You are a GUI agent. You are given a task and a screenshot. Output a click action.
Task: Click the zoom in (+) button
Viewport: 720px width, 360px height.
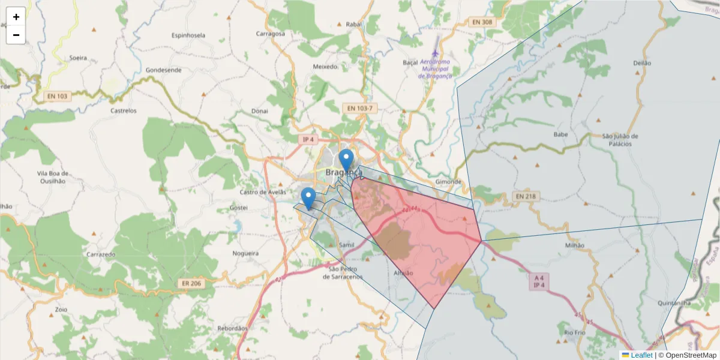(x=16, y=17)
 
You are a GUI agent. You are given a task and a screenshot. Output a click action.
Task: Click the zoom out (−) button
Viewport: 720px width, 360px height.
(x=16, y=35)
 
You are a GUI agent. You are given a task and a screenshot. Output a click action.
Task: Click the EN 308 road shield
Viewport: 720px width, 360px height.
(x=482, y=22)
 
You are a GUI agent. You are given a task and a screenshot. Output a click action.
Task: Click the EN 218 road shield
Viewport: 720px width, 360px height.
(x=527, y=196)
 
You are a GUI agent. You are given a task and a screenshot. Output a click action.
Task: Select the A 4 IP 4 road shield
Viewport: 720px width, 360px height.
(x=539, y=281)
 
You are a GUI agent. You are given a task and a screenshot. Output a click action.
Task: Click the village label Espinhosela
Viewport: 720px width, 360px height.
(x=188, y=35)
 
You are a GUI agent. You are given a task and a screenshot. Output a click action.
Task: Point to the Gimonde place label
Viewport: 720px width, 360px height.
(x=448, y=181)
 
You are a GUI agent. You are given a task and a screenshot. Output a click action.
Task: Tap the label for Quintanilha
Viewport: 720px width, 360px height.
(x=674, y=304)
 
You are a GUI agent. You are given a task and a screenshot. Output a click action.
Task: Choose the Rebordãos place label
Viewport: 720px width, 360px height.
(x=232, y=328)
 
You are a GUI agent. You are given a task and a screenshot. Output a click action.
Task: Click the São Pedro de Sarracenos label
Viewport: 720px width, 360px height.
(x=343, y=273)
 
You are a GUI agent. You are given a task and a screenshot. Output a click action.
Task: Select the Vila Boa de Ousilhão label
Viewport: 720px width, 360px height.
(x=51, y=177)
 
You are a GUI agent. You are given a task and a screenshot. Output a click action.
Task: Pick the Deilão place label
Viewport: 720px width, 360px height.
(x=642, y=63)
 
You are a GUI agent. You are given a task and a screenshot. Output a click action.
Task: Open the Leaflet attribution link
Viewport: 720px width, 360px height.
(x=641, y=355)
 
